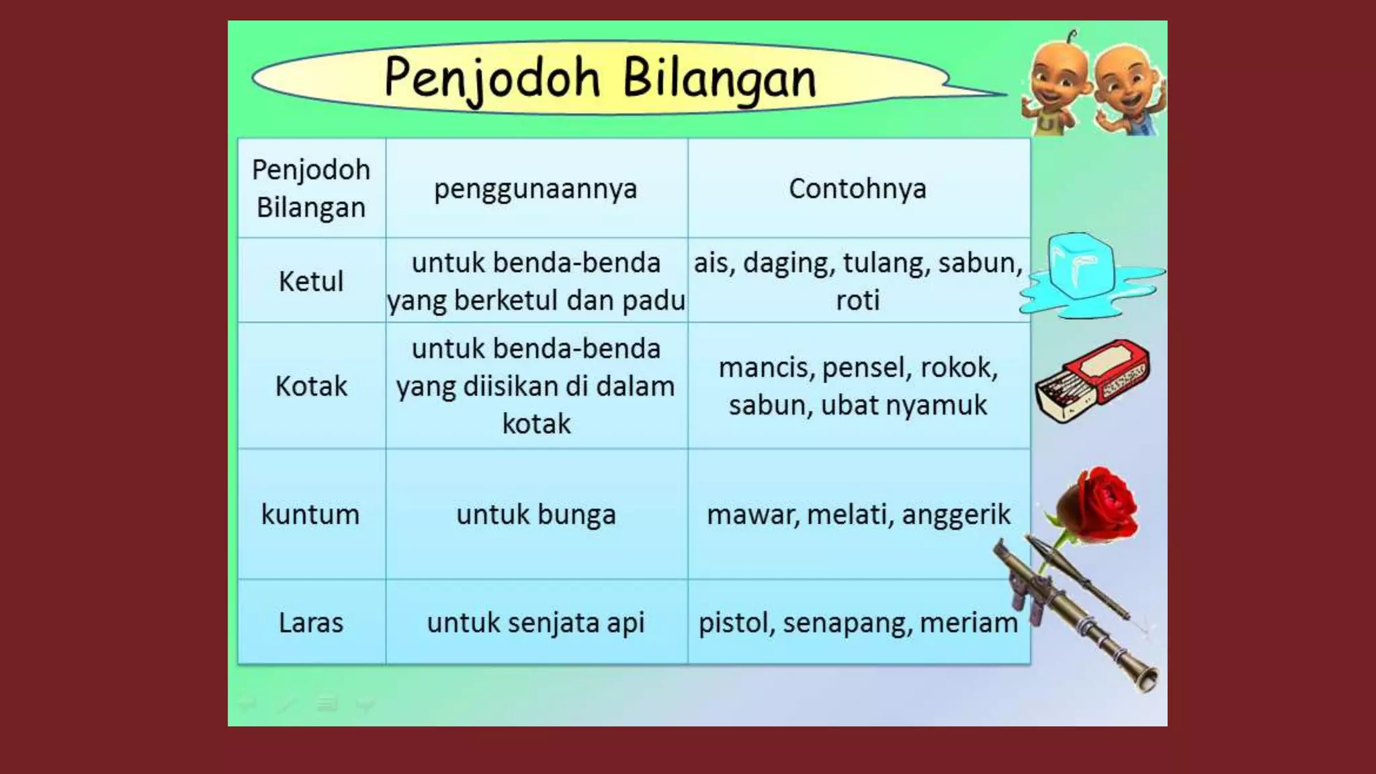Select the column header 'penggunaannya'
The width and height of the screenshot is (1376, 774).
[535, 189]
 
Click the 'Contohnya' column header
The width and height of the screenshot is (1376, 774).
[857, 189]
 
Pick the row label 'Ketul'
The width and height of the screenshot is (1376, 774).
[311, 281]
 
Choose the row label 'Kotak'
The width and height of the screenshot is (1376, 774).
[311, 386]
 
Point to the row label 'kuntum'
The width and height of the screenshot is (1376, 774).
[310, 515]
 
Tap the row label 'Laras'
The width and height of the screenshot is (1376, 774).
[311, 623]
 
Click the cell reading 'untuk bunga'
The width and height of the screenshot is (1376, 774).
[535, 515]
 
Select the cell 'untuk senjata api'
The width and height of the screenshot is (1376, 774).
[535, 623]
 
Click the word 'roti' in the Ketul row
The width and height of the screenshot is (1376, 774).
[858, 300]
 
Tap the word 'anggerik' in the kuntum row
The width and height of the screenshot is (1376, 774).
[955, 515]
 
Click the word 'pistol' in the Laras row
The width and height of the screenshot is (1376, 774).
[736, 623]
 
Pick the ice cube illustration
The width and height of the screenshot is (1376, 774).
[1080, 265]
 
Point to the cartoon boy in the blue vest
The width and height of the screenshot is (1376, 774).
[1129, 91]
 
